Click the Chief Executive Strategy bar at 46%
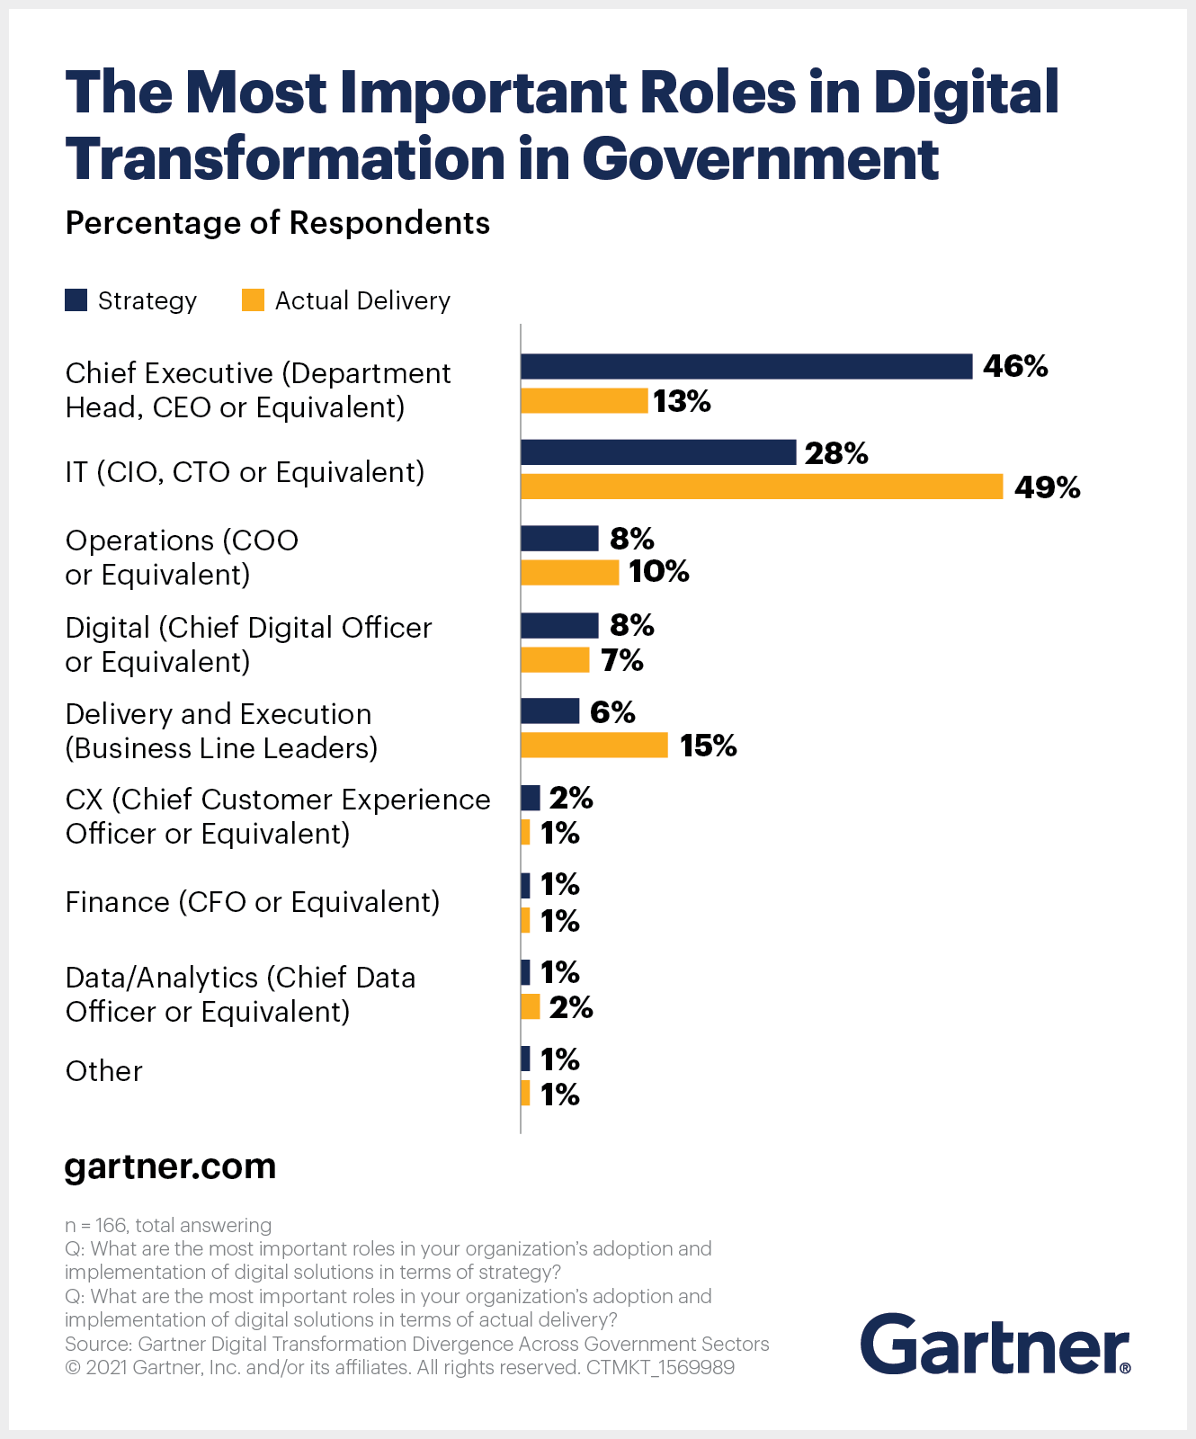(x=746, y=366)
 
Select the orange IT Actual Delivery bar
(x=761, y=487)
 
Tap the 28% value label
(x=836, y=453)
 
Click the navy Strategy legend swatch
(x=76, y=300)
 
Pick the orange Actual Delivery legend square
(x=253, y=300)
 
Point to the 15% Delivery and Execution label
(x=708, y=746)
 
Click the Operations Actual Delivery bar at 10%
(x=569, y=573)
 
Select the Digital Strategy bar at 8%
(x=559, y=625)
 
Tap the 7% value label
(x=622, y=660)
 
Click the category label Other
(x=103, y=1071)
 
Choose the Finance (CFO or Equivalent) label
(x=253, y=902)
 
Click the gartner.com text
(x=170, y=1166)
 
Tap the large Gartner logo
(x=995, y=1345)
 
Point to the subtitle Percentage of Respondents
(x=277, y=223)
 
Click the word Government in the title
(x=760, y=159)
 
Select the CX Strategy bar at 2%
(x=531, y=798)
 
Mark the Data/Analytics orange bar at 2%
(x=531, y=1007)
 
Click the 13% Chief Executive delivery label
(x=682, y=401)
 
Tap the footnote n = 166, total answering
(x=168, y=1225)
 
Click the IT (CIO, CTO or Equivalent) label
(x=245, y=471)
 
